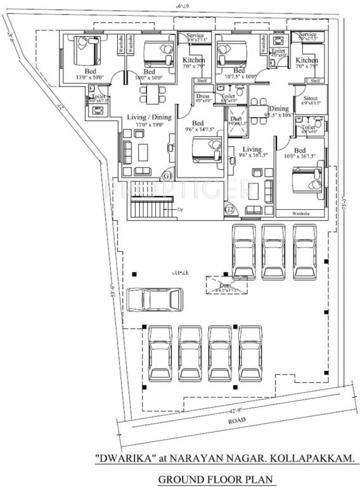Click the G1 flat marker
168,175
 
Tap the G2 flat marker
230,209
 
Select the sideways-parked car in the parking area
155,299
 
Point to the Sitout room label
310,100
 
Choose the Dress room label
203,96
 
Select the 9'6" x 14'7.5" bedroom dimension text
198,129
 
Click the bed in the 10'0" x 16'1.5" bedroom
306,179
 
